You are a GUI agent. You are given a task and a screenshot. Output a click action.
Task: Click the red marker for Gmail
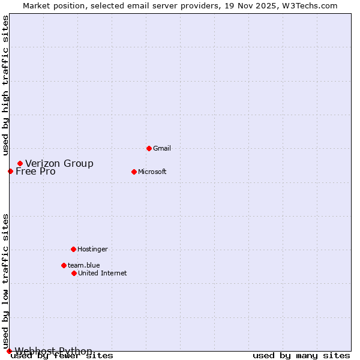(x=149, y=148)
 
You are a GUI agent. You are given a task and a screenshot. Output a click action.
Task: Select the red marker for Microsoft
(x=134, y=172)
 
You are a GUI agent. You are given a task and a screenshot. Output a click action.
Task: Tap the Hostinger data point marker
(x=73, y=249)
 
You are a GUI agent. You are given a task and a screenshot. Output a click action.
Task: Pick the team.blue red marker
(x=64, y=265)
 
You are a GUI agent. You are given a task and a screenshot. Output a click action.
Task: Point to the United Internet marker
(x=74, y=273)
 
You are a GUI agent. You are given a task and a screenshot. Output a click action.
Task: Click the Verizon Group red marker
(x=20, y=163)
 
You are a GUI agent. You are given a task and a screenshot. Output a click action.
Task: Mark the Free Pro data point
(x=10, y=171)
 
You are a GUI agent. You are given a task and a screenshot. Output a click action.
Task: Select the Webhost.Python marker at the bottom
(x=9, y=351)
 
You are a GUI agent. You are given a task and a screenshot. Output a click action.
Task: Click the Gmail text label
(x=162, y=148)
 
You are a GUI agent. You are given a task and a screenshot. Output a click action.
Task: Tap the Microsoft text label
(x=152, y=172)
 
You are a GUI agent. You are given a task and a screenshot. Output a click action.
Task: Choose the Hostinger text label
(x=92, y=249)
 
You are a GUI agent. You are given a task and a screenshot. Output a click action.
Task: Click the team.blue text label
(x=84, y=265)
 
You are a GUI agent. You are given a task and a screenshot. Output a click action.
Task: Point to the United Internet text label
(x=103, y=273)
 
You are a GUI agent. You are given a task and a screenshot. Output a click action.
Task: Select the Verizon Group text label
(x=59, y=163)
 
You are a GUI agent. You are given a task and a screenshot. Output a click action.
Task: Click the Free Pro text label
(x=35, y=172)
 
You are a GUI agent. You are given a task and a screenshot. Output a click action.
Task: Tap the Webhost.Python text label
(x=53, y=351)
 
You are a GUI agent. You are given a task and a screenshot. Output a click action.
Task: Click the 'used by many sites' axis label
(x=301, y=356)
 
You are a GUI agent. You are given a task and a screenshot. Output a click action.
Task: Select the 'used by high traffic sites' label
(x=5, y=85)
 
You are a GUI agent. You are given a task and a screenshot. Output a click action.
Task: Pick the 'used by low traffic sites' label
(x=5, y=281)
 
